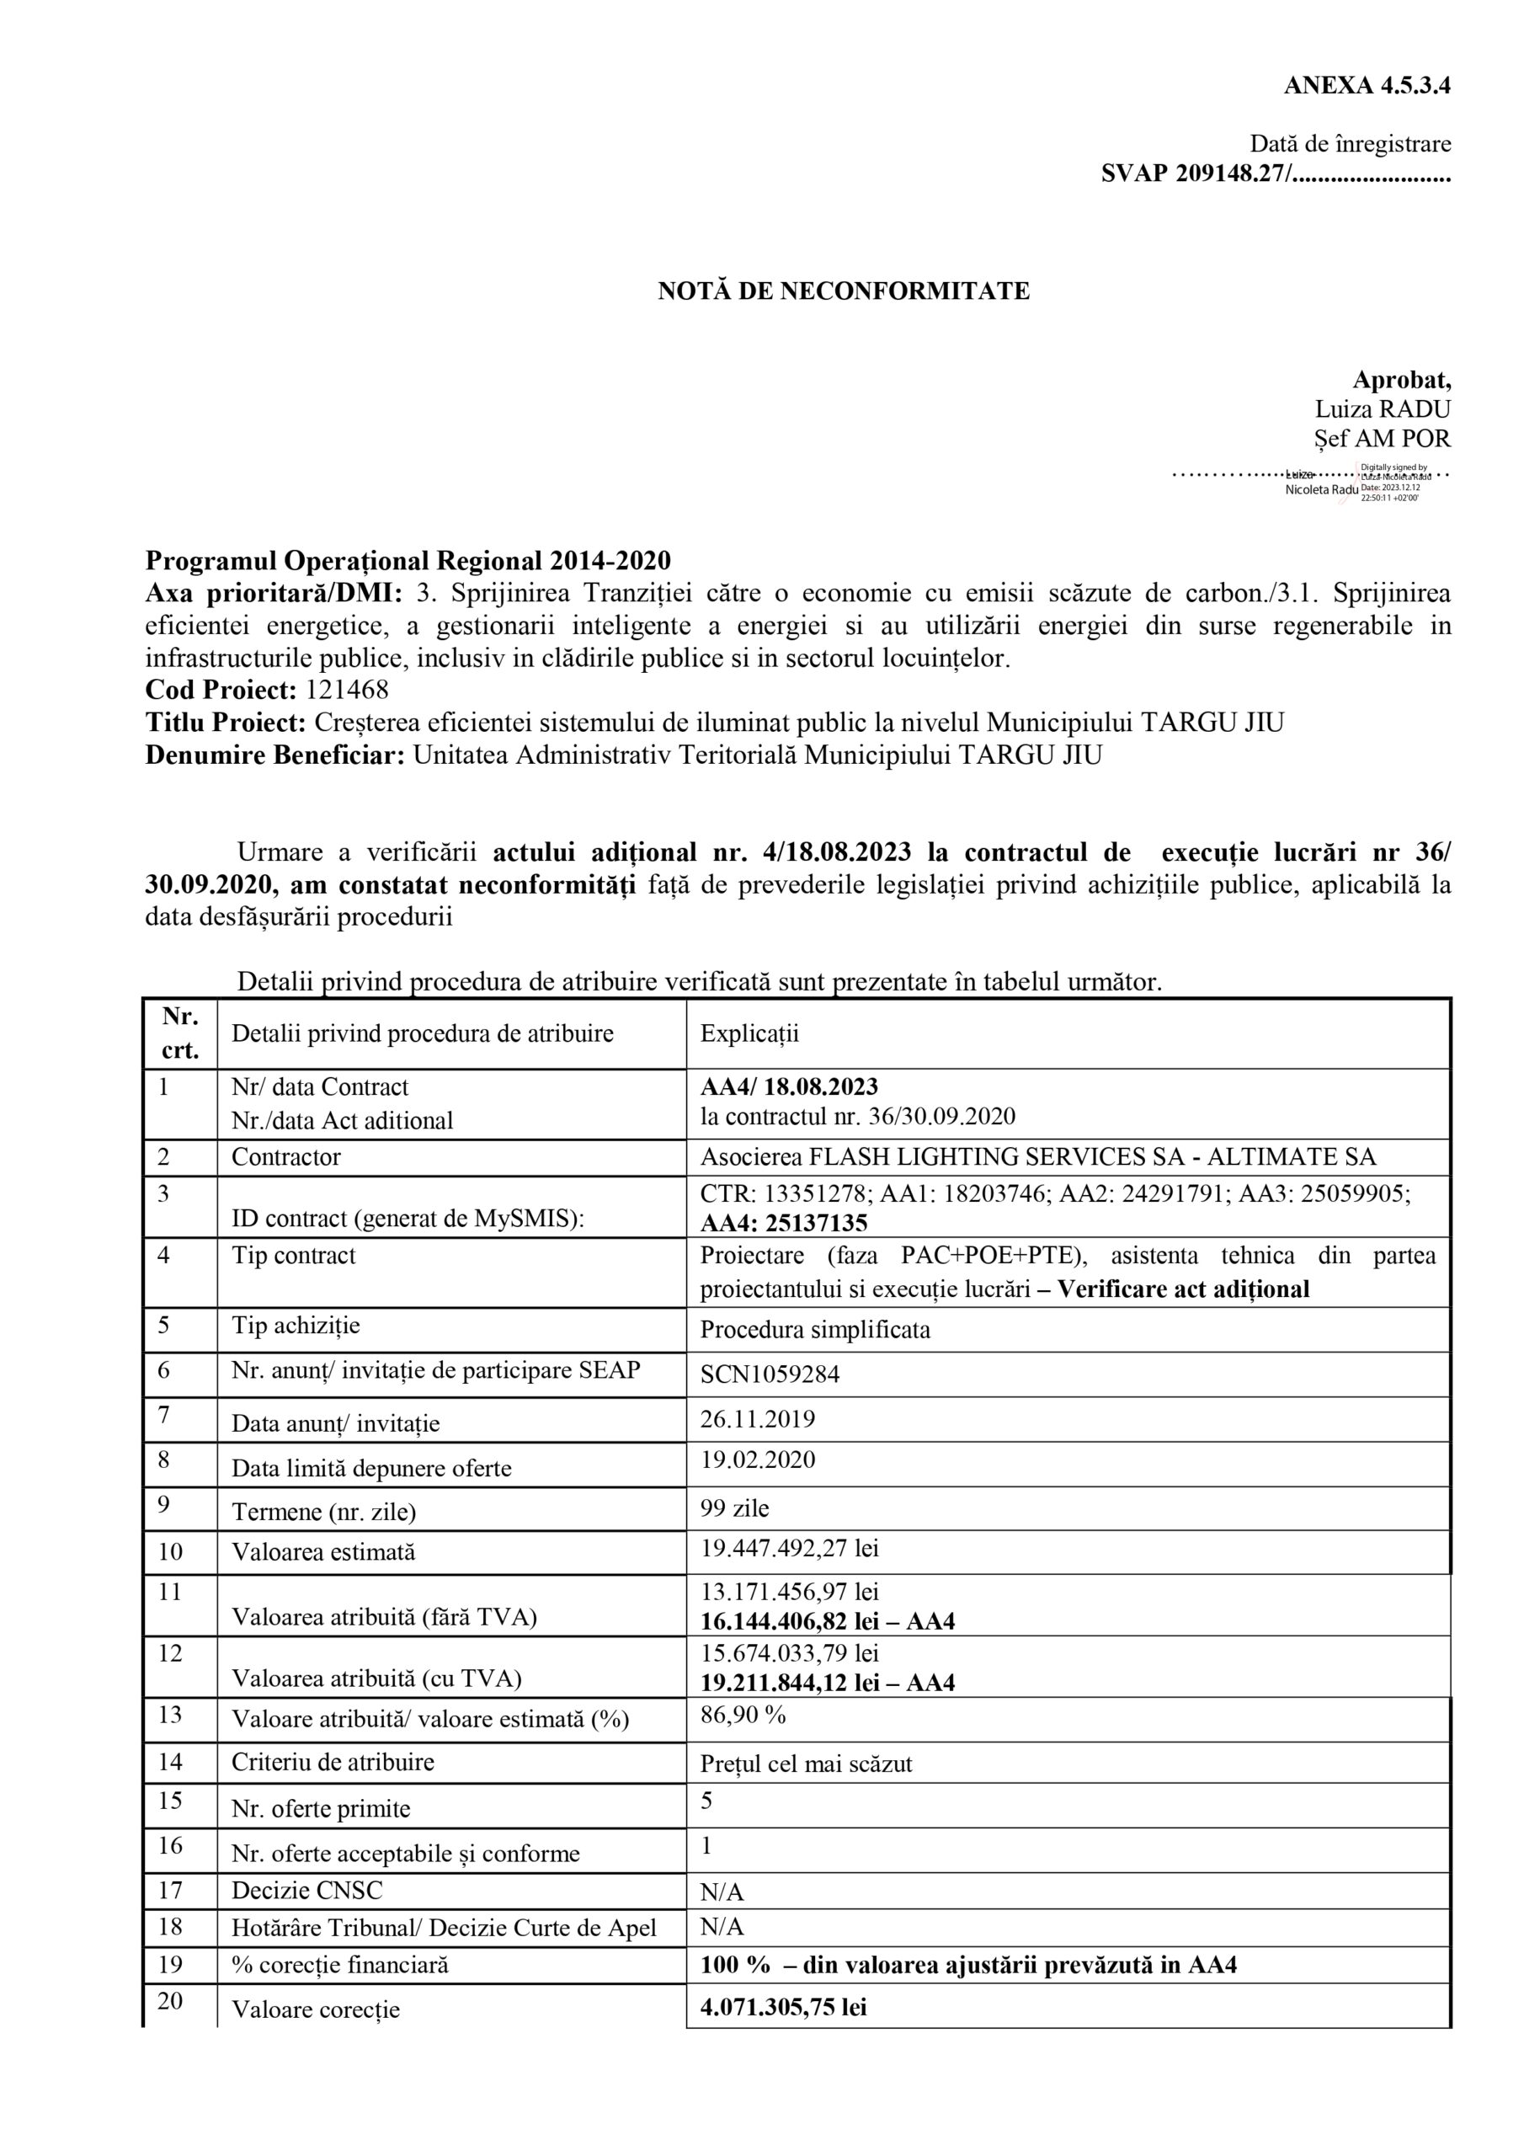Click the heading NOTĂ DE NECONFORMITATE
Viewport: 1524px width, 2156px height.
pos(843,291)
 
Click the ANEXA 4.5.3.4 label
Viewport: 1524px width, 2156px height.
pos(1367,85)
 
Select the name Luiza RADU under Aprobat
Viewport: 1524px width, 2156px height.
pos(1383,409)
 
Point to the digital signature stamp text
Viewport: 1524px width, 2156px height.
pos(1394,482)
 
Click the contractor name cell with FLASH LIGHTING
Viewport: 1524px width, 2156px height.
pos(1037,1157)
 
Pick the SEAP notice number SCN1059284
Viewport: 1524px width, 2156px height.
pos(770,1374)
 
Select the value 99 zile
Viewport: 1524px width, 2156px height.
pos(734,1509)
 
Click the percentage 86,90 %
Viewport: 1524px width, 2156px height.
pos(743,1716)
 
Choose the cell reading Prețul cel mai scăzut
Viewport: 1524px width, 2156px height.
pos(806,1764)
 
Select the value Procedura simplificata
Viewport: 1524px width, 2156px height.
pos(815,1331)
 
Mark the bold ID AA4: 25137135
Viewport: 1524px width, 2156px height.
pos(783,1224)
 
